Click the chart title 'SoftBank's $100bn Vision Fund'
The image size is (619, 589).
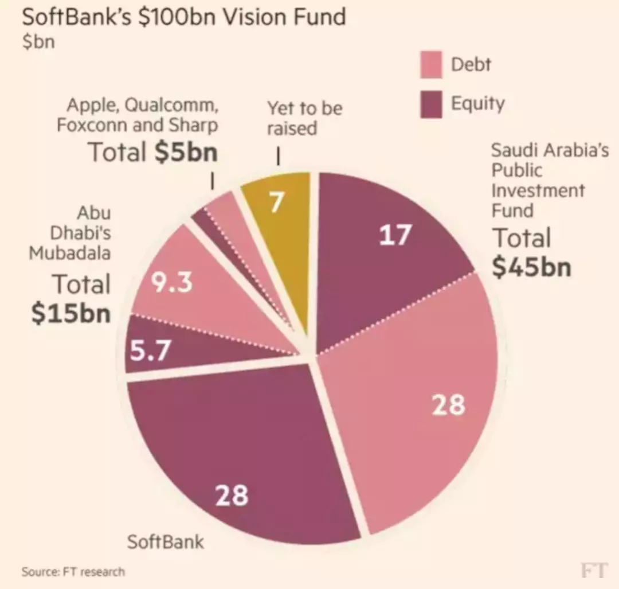click(183, 17)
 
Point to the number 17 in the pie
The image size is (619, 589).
click(395, 235)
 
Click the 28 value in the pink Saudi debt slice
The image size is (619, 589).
click(448, 404)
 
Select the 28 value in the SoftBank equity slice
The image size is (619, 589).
click(232, 495)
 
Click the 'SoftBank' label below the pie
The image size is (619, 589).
click(165, 541)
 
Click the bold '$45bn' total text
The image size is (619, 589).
click(531, 266)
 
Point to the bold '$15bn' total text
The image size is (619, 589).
click(71, 313)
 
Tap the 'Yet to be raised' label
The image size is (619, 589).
click(304, 117)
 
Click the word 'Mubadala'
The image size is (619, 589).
click(70, 252)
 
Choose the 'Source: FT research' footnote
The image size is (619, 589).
click(73, 571)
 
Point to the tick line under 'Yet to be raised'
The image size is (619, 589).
click(278, 157)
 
